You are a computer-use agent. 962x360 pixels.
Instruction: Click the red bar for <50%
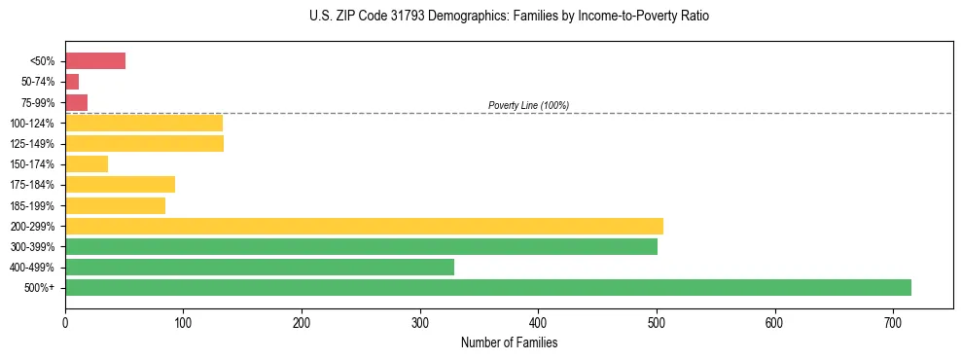(95, 61)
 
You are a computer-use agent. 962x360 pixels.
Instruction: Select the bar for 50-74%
(72, 82)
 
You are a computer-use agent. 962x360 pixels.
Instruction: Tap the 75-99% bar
(76, 102)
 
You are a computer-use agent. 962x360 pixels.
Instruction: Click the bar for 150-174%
(87, 164)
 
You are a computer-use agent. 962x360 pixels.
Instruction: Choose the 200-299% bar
(364, 226)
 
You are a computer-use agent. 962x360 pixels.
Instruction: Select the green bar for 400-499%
(260, 268)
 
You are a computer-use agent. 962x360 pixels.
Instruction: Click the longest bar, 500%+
(488, 288)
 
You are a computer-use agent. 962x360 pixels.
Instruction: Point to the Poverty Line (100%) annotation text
(528, 105)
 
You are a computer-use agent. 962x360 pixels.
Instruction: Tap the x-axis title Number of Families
(510, 342)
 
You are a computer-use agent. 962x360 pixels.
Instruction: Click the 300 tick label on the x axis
(420, 321)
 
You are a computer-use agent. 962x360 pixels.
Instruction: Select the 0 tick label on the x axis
(65, 321)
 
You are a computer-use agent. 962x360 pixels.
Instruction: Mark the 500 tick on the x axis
(657, 321)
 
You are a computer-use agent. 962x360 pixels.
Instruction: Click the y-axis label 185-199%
(32, 206)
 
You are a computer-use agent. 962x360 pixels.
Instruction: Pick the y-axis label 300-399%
(32, 247)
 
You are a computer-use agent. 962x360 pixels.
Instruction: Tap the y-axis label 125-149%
(32, 144)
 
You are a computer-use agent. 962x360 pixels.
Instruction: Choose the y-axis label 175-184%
(32, 185)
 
